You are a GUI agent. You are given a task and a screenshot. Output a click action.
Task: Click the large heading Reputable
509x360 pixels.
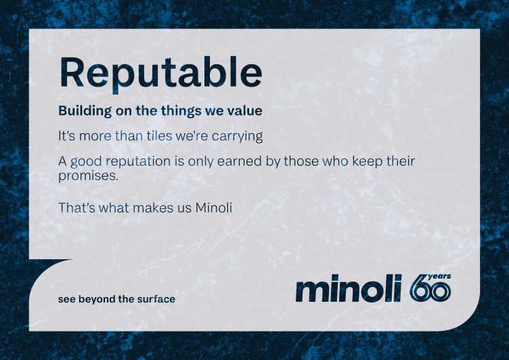click(160, 72)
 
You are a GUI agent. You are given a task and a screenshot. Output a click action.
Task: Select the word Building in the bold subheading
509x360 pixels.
click(80, 110)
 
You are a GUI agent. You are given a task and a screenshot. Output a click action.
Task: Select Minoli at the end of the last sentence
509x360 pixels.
click(213, 208)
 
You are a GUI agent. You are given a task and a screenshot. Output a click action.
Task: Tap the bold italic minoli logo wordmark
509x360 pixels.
click(349, 289)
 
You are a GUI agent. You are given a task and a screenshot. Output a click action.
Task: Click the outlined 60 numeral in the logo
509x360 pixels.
click(429, 290)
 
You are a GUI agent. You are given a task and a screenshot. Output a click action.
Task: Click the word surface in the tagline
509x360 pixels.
click(156, 299)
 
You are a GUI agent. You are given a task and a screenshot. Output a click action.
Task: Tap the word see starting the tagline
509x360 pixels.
click(66, 299)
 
